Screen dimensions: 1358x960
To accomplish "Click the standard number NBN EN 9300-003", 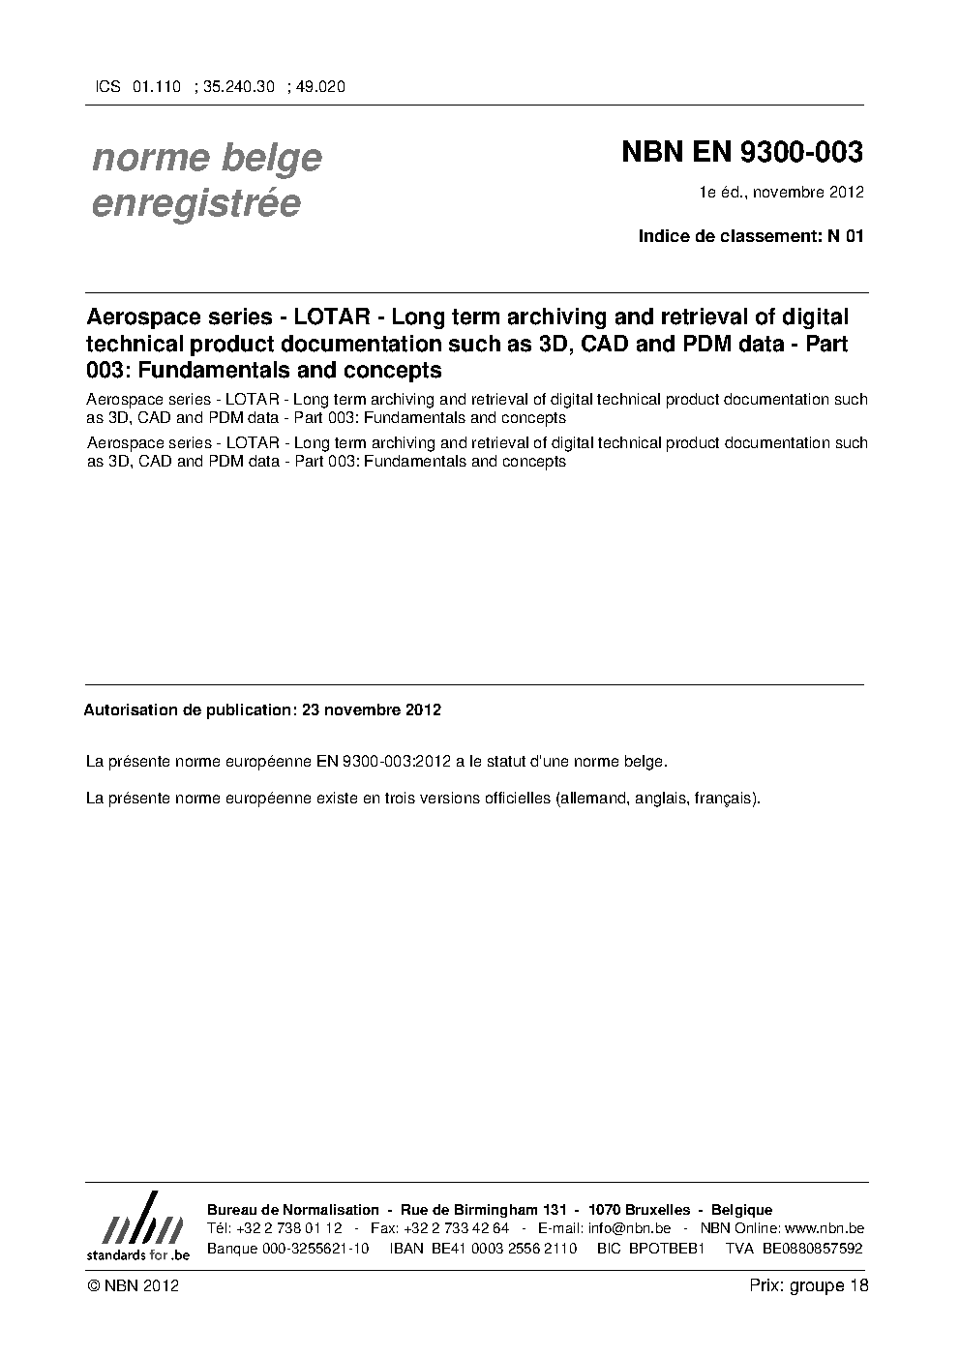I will [741, 153].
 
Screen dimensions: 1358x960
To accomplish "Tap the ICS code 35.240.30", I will [240, 86].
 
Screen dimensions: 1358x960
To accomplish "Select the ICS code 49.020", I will [320, 86].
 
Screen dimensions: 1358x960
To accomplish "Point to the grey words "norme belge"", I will [207, 157].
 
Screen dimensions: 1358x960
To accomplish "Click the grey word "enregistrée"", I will [195, 203].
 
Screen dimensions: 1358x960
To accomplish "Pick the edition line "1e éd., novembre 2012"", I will [782, 192].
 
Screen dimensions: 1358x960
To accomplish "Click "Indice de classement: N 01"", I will [750, 235].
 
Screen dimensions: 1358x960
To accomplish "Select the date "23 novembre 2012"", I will [372, 709].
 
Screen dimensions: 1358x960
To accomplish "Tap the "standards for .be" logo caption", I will [137, 1254].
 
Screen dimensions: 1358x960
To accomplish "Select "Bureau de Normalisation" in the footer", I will [293, 1210].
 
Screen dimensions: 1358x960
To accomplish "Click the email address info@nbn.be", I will [629, 1228].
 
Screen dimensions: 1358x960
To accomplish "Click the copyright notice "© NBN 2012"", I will [133, 1285].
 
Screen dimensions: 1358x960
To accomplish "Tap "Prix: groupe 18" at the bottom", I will [808, 1285].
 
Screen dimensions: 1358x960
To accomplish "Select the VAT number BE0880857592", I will [812, 1248].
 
